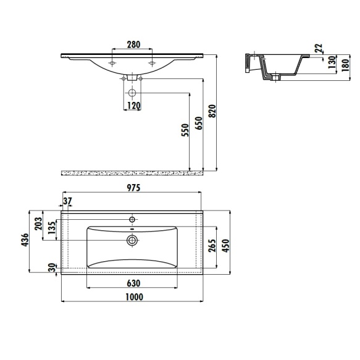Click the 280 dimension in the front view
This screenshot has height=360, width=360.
tap(133, 44)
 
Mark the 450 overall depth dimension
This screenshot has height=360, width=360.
tap(226, 245)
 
